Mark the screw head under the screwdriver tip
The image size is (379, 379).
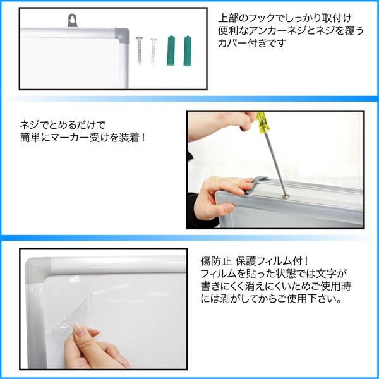point(286,196)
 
